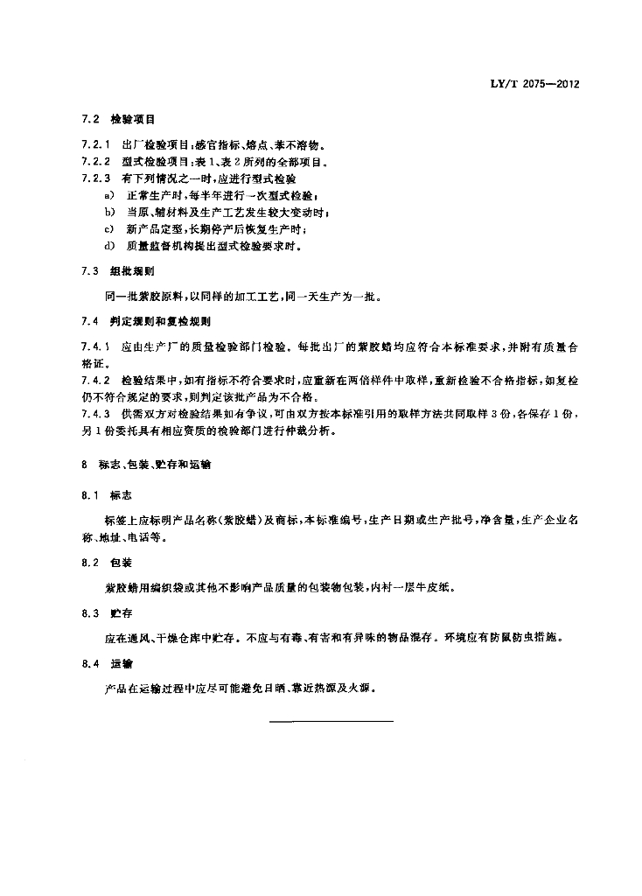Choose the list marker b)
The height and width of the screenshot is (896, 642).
pyautogui.click(x=109, y=212)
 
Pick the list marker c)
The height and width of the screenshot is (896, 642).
pyautogui.click(x=109, y=229)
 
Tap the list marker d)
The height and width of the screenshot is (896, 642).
pyautogui.click(x=109, y=246)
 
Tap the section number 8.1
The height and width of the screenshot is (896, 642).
pyautogui.click(x=89, y=495)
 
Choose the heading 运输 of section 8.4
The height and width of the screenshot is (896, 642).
pyautogui.click(x=121, y=664)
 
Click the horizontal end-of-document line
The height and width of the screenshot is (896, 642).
pyautogui.click(x=332, y=722)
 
